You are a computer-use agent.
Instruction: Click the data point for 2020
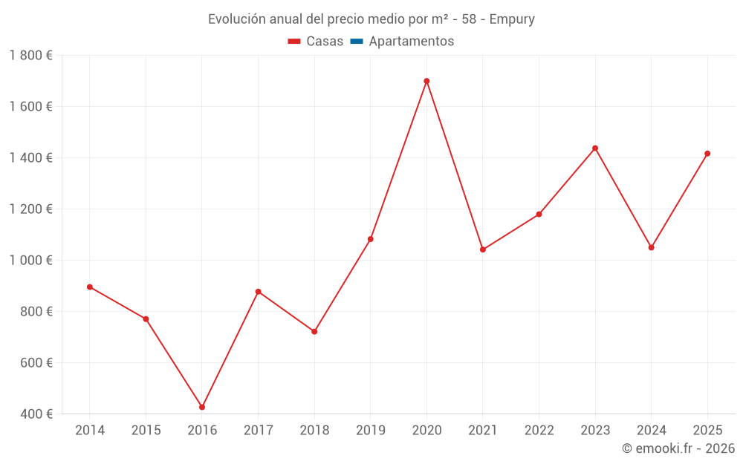click(426, 81)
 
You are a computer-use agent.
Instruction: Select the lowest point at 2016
click(202, 407)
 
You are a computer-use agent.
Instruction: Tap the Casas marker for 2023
click(595, 148)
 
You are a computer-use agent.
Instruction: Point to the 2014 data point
click(90, 287)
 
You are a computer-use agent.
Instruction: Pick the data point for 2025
click(707, 154)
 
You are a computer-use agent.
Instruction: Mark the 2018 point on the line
click(314, 331)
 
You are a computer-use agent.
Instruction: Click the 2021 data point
click(483, 249)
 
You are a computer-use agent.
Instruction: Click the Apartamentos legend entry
click(411, 42)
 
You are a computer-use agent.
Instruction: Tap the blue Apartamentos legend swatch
click(357, 42)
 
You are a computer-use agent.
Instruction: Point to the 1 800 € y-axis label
click(31, 56)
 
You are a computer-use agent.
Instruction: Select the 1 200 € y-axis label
click(31, 209)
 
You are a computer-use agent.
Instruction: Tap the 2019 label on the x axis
click(370, 431)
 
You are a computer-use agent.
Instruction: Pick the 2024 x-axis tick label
click(651, 431)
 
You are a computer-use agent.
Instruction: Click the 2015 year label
click(146, 431)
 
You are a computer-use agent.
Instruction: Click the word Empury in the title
click(512, 19)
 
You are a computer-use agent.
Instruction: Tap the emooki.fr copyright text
click(678, 448)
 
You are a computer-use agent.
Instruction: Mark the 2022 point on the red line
click(539, 215)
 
